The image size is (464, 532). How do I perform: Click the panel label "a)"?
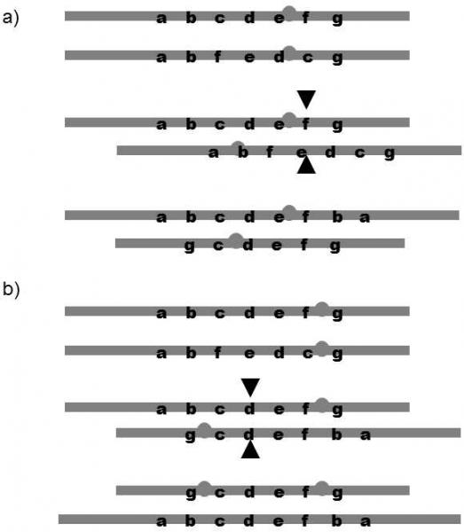11,18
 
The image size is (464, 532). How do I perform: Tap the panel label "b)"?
11,289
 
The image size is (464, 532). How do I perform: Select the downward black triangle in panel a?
306,99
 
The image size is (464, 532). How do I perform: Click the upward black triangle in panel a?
306,165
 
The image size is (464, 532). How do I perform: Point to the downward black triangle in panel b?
250,387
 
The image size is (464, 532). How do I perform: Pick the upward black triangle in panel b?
250,450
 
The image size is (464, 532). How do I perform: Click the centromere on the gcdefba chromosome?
204,430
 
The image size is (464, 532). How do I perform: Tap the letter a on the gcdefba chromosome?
366,434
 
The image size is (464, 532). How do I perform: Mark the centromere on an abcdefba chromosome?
289,213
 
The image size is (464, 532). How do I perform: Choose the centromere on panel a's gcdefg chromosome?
236,240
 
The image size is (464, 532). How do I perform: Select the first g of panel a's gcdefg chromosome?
189,246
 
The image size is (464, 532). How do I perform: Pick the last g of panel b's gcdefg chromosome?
337,493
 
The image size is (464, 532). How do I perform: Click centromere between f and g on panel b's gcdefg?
322,489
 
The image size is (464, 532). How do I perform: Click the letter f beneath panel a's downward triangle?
306,123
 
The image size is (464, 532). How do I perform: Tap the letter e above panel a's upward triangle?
302,153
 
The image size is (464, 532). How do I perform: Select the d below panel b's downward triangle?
249,409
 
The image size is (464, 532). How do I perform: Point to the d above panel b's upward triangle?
248,434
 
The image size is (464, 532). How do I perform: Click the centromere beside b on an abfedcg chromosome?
238,147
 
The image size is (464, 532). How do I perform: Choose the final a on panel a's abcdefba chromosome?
365,217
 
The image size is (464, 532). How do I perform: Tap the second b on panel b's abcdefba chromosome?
337,520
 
